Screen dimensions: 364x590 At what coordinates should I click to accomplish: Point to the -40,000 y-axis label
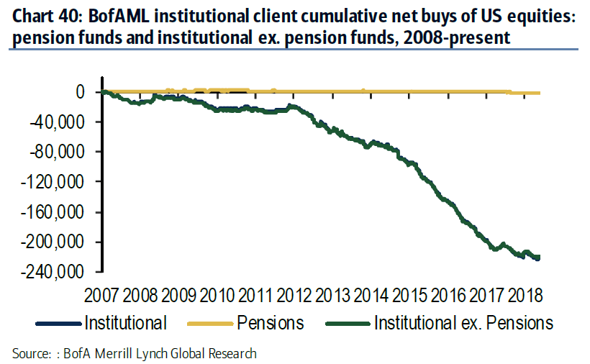[x=64, y=122]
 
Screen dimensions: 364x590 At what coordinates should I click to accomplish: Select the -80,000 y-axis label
[x=64, y=152]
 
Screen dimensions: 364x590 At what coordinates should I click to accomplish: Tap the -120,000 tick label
[x=59, y=182]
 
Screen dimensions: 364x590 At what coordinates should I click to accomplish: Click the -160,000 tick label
[x=59, y=212]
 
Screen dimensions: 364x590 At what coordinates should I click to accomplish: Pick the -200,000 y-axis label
[x=59, y=242]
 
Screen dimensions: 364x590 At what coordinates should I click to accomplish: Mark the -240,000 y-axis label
[x=59, y=272]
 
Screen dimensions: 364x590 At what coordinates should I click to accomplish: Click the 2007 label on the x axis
[x=102, y=294]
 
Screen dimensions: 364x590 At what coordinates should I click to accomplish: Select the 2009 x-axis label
[x=178, y=294]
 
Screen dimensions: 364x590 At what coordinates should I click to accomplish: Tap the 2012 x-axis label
[x=294, y=294]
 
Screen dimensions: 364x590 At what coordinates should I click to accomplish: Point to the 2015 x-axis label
[x=409, y=294]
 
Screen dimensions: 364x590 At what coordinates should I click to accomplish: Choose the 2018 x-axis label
[x=524, y=294]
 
